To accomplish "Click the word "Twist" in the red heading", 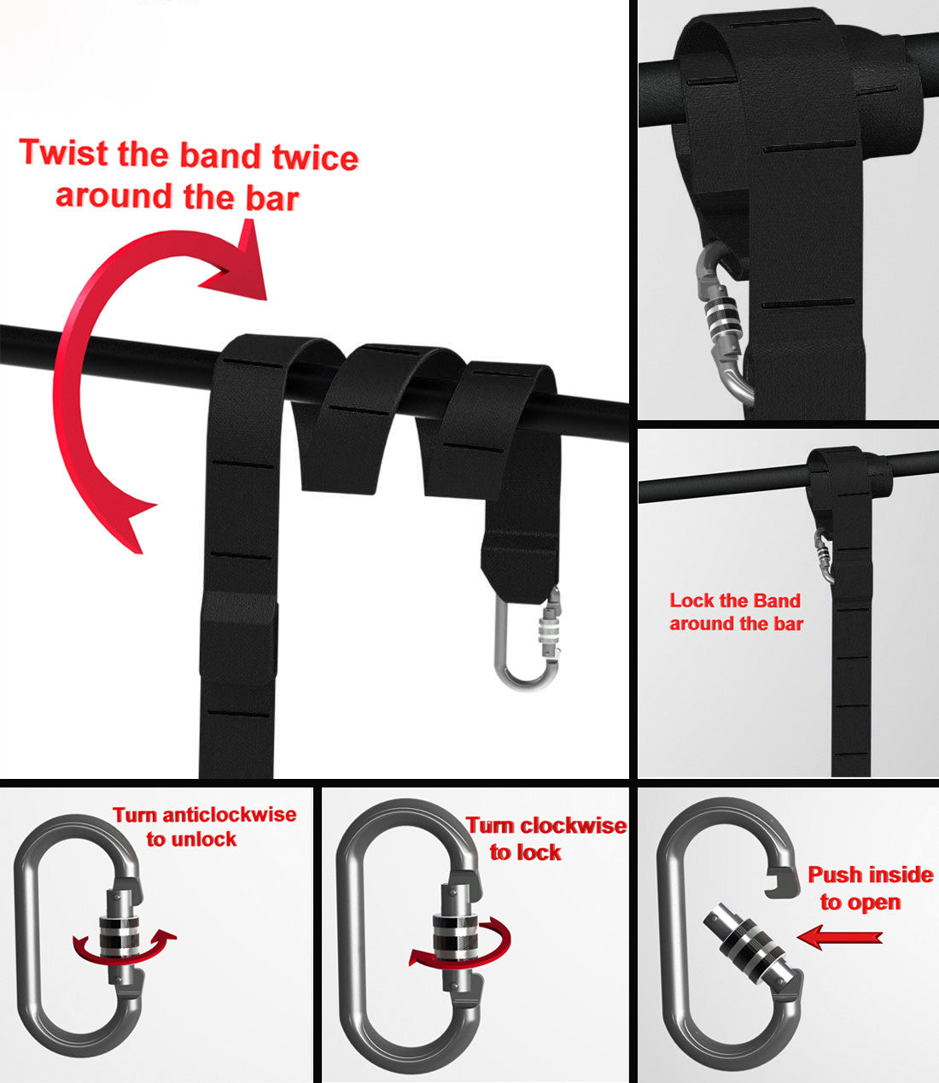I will pos(65,152).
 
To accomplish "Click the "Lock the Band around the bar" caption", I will pos(736,612).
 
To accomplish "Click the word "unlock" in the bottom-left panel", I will pos(203,840).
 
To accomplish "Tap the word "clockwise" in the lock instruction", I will pos(573,826).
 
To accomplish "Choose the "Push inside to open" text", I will pos(869,888).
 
